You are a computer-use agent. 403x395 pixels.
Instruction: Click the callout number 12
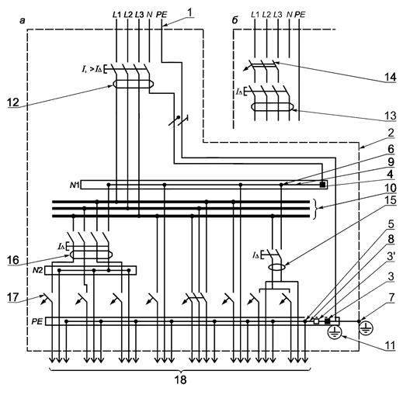(x=13, y=102)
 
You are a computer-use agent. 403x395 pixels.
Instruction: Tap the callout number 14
(x=390, y=77)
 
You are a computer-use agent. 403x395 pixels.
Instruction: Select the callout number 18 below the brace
(x=180, y=380)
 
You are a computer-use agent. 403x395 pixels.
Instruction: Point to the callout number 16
(x=13, y=260)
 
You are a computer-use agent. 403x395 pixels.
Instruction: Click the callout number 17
(x=13, y=297)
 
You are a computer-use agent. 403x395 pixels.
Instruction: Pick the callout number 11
(x=390, y=345)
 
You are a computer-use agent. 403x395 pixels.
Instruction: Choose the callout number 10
(x=391, y=188)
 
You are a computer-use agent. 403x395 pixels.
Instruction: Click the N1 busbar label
(x=75, y=185)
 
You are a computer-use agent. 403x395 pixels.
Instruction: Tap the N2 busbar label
(x=38, y=270)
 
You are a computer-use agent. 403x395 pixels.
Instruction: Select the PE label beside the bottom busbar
(x=36, y=321)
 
